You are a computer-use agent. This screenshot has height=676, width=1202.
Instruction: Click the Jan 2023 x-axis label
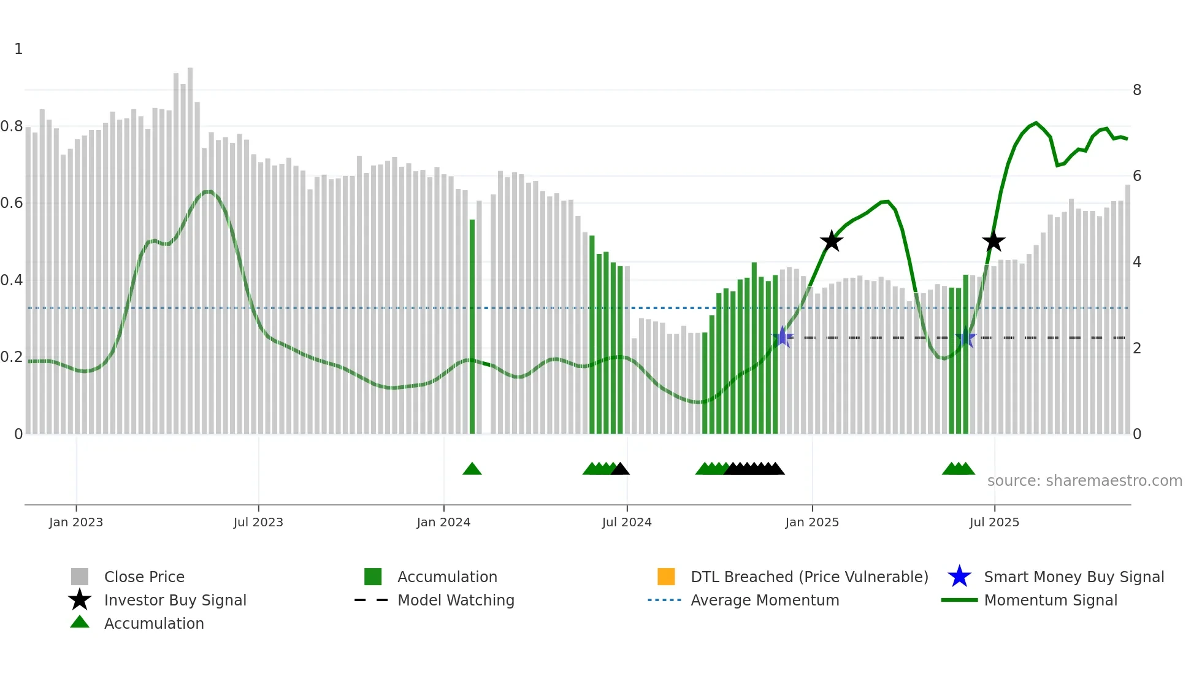(x=76, y=522)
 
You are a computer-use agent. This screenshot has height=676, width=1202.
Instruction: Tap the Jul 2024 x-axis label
(x=627, y=522)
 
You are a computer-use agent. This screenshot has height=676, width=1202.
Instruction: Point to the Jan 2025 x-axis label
(x=812, y=522)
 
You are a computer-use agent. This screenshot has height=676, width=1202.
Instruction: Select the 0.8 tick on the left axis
(x=12, y=126)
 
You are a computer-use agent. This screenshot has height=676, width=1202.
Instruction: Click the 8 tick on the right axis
(x=1137, y=90)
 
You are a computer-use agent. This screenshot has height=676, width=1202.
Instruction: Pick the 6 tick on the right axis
(x=1137, y=176)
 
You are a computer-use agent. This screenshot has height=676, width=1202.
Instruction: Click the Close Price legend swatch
(x=80, y=577)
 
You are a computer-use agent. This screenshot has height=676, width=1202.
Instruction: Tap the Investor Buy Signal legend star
(x=80, y=600)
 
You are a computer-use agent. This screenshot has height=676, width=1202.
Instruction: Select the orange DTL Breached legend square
(x=666, y=577)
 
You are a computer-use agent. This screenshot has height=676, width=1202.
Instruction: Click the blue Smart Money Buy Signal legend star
(x=959, y=577)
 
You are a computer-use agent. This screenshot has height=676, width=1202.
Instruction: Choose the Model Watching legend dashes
(x=371, y=600)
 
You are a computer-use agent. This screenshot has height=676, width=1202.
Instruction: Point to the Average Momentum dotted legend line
(x=664, y=600)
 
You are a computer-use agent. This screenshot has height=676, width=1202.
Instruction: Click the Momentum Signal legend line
(x=959, y=600)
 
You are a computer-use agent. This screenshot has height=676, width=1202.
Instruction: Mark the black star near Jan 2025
(x=832, y=241)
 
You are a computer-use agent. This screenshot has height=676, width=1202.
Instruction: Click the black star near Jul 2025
(x=993, y=241)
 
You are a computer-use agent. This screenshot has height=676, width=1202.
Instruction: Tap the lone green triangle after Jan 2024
(x=472, y=469)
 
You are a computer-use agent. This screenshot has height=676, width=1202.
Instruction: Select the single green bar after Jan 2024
(x=472, y=325)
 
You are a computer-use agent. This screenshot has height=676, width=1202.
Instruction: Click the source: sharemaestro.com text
(x=1084, y=480)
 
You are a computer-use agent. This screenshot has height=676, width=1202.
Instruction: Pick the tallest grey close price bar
(x=190, y=245)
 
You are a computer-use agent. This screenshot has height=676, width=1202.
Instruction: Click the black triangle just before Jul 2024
(x=620, y=469)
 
